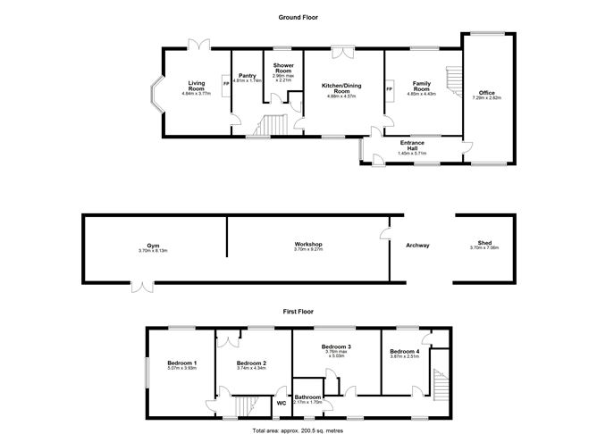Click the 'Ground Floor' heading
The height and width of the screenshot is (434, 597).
[298, 17]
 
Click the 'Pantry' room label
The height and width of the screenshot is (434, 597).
[247, 76]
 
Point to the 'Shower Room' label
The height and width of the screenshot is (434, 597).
[284, 69]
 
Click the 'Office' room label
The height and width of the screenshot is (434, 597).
[486, 92]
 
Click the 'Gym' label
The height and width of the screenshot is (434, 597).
[154, 246]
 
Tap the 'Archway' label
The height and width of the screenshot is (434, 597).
[417, 246]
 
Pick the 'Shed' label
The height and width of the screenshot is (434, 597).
[485, 244]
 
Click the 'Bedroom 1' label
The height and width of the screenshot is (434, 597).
[182, 363]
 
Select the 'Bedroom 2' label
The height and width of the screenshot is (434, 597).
[252, 363]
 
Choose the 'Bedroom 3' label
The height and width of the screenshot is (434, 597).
[335, 347]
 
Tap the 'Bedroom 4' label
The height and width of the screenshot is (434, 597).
[404, 352]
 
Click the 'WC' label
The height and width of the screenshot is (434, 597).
[282, 403]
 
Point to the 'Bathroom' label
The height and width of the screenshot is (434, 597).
[308, 396]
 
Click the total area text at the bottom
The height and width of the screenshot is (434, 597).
[298, 430]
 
